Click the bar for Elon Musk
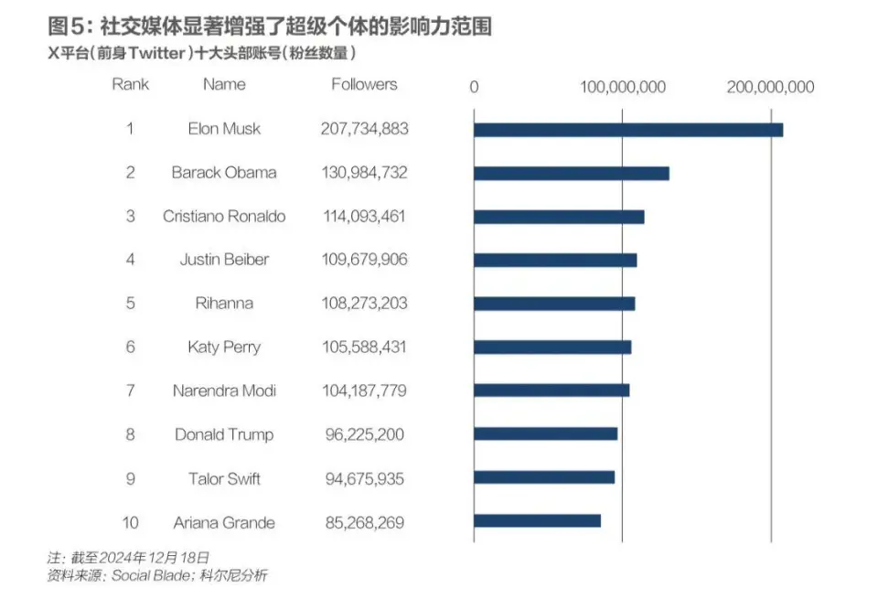[x=627, y=129]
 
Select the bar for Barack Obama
[x=571, y=173]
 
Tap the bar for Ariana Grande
[x=537, y=521]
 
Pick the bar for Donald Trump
[x=545, y=433]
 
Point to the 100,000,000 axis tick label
[x=623, y=88]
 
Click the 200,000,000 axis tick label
[x=771, y=88]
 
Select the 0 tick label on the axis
[x=474, y=88]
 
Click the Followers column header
[x=364, y=84]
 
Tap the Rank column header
[x=130, y=84]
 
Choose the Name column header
[x=224, y=84]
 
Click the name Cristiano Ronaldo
[x=224, y=217]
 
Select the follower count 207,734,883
[x=364, y=129]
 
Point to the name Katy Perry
[x=224, y=348]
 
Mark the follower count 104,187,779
[x=364, y=390]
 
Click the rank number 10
[x=130, y=523]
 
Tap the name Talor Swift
[x=224, y=478]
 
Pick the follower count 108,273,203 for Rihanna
[x=364, y=304]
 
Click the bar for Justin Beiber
[x=554, y=260]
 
